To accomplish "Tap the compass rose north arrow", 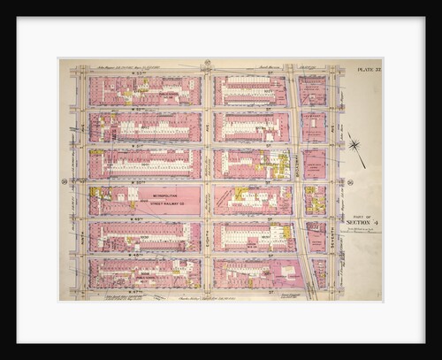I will [356, 147].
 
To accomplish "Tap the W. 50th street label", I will [141, 180].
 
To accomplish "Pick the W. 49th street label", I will [141, 217].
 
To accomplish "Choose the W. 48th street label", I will [141, 254].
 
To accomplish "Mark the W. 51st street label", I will [141, 145].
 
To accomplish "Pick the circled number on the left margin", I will [64, 182].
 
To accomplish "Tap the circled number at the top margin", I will [206, 62].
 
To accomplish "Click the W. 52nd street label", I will [141, 109].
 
